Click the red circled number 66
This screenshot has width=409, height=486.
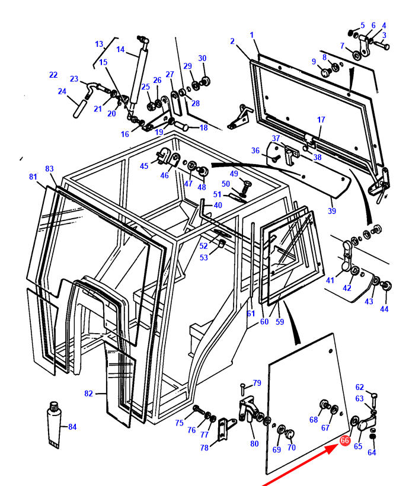pos(345,440)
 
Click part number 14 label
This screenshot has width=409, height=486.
pos(120,49)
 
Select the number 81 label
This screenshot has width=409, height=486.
pos(33,177)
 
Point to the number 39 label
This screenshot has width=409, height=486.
pos(332,211)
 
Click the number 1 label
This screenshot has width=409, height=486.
pos(252,35)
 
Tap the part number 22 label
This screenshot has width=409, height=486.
pos(53,75)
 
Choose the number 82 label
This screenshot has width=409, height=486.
pos(89,394)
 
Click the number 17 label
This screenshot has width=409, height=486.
pos(321,120)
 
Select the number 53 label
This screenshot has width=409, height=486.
pos(204,258)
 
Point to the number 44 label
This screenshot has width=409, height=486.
pos(384,309)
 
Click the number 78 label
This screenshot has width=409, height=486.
pos(204,447)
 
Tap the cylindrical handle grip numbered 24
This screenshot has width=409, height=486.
pos(80,109)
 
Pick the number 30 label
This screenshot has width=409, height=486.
pos(202,58)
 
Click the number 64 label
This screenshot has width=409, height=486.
pos(372,453)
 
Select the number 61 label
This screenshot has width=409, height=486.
pos(251,314)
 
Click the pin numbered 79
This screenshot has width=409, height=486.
pos(244,389)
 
